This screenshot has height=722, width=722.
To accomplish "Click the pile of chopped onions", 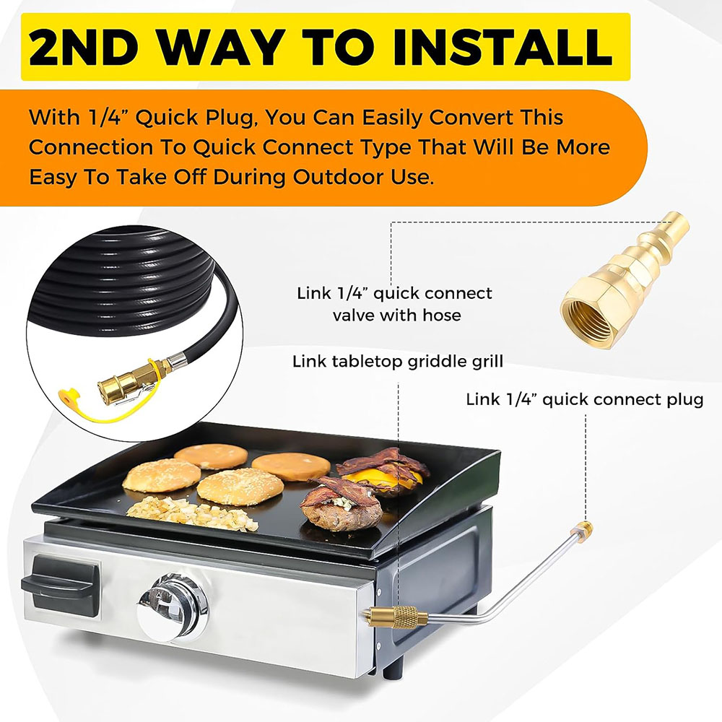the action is coord(192,513).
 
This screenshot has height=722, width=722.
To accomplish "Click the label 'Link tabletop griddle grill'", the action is coord(398,362).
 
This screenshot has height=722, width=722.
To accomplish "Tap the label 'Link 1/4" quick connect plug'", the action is coord(584,399).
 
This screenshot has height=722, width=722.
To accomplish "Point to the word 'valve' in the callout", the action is coord(352,316).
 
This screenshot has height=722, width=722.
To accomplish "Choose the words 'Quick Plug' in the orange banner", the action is coord(193,118).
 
